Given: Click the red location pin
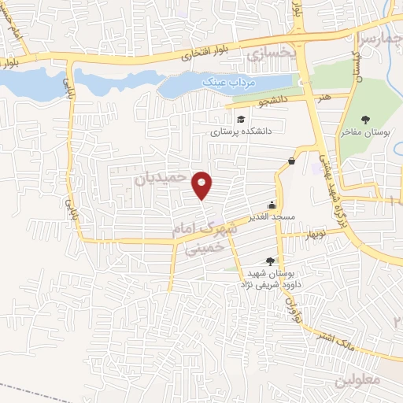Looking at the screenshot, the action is (x=202, y=185).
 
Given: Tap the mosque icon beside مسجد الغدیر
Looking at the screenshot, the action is (x=274, y=202).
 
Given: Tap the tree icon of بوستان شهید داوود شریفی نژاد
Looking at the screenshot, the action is (x=271, y=261).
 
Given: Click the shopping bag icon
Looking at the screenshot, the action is (x=292, y=161).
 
